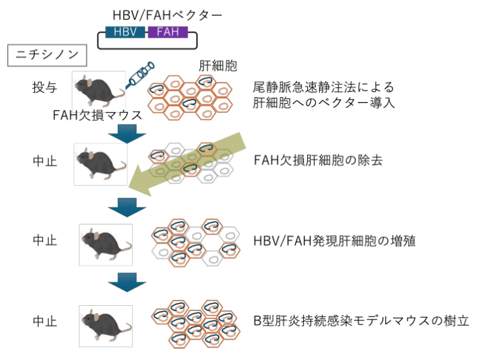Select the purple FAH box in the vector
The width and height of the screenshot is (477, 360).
167,32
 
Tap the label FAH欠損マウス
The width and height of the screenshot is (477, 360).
98,114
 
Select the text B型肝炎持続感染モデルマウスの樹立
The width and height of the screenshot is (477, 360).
361,322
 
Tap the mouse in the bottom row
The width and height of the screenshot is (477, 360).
104,322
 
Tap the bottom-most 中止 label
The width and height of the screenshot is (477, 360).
45,322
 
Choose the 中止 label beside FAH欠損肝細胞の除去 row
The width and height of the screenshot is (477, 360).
45,160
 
